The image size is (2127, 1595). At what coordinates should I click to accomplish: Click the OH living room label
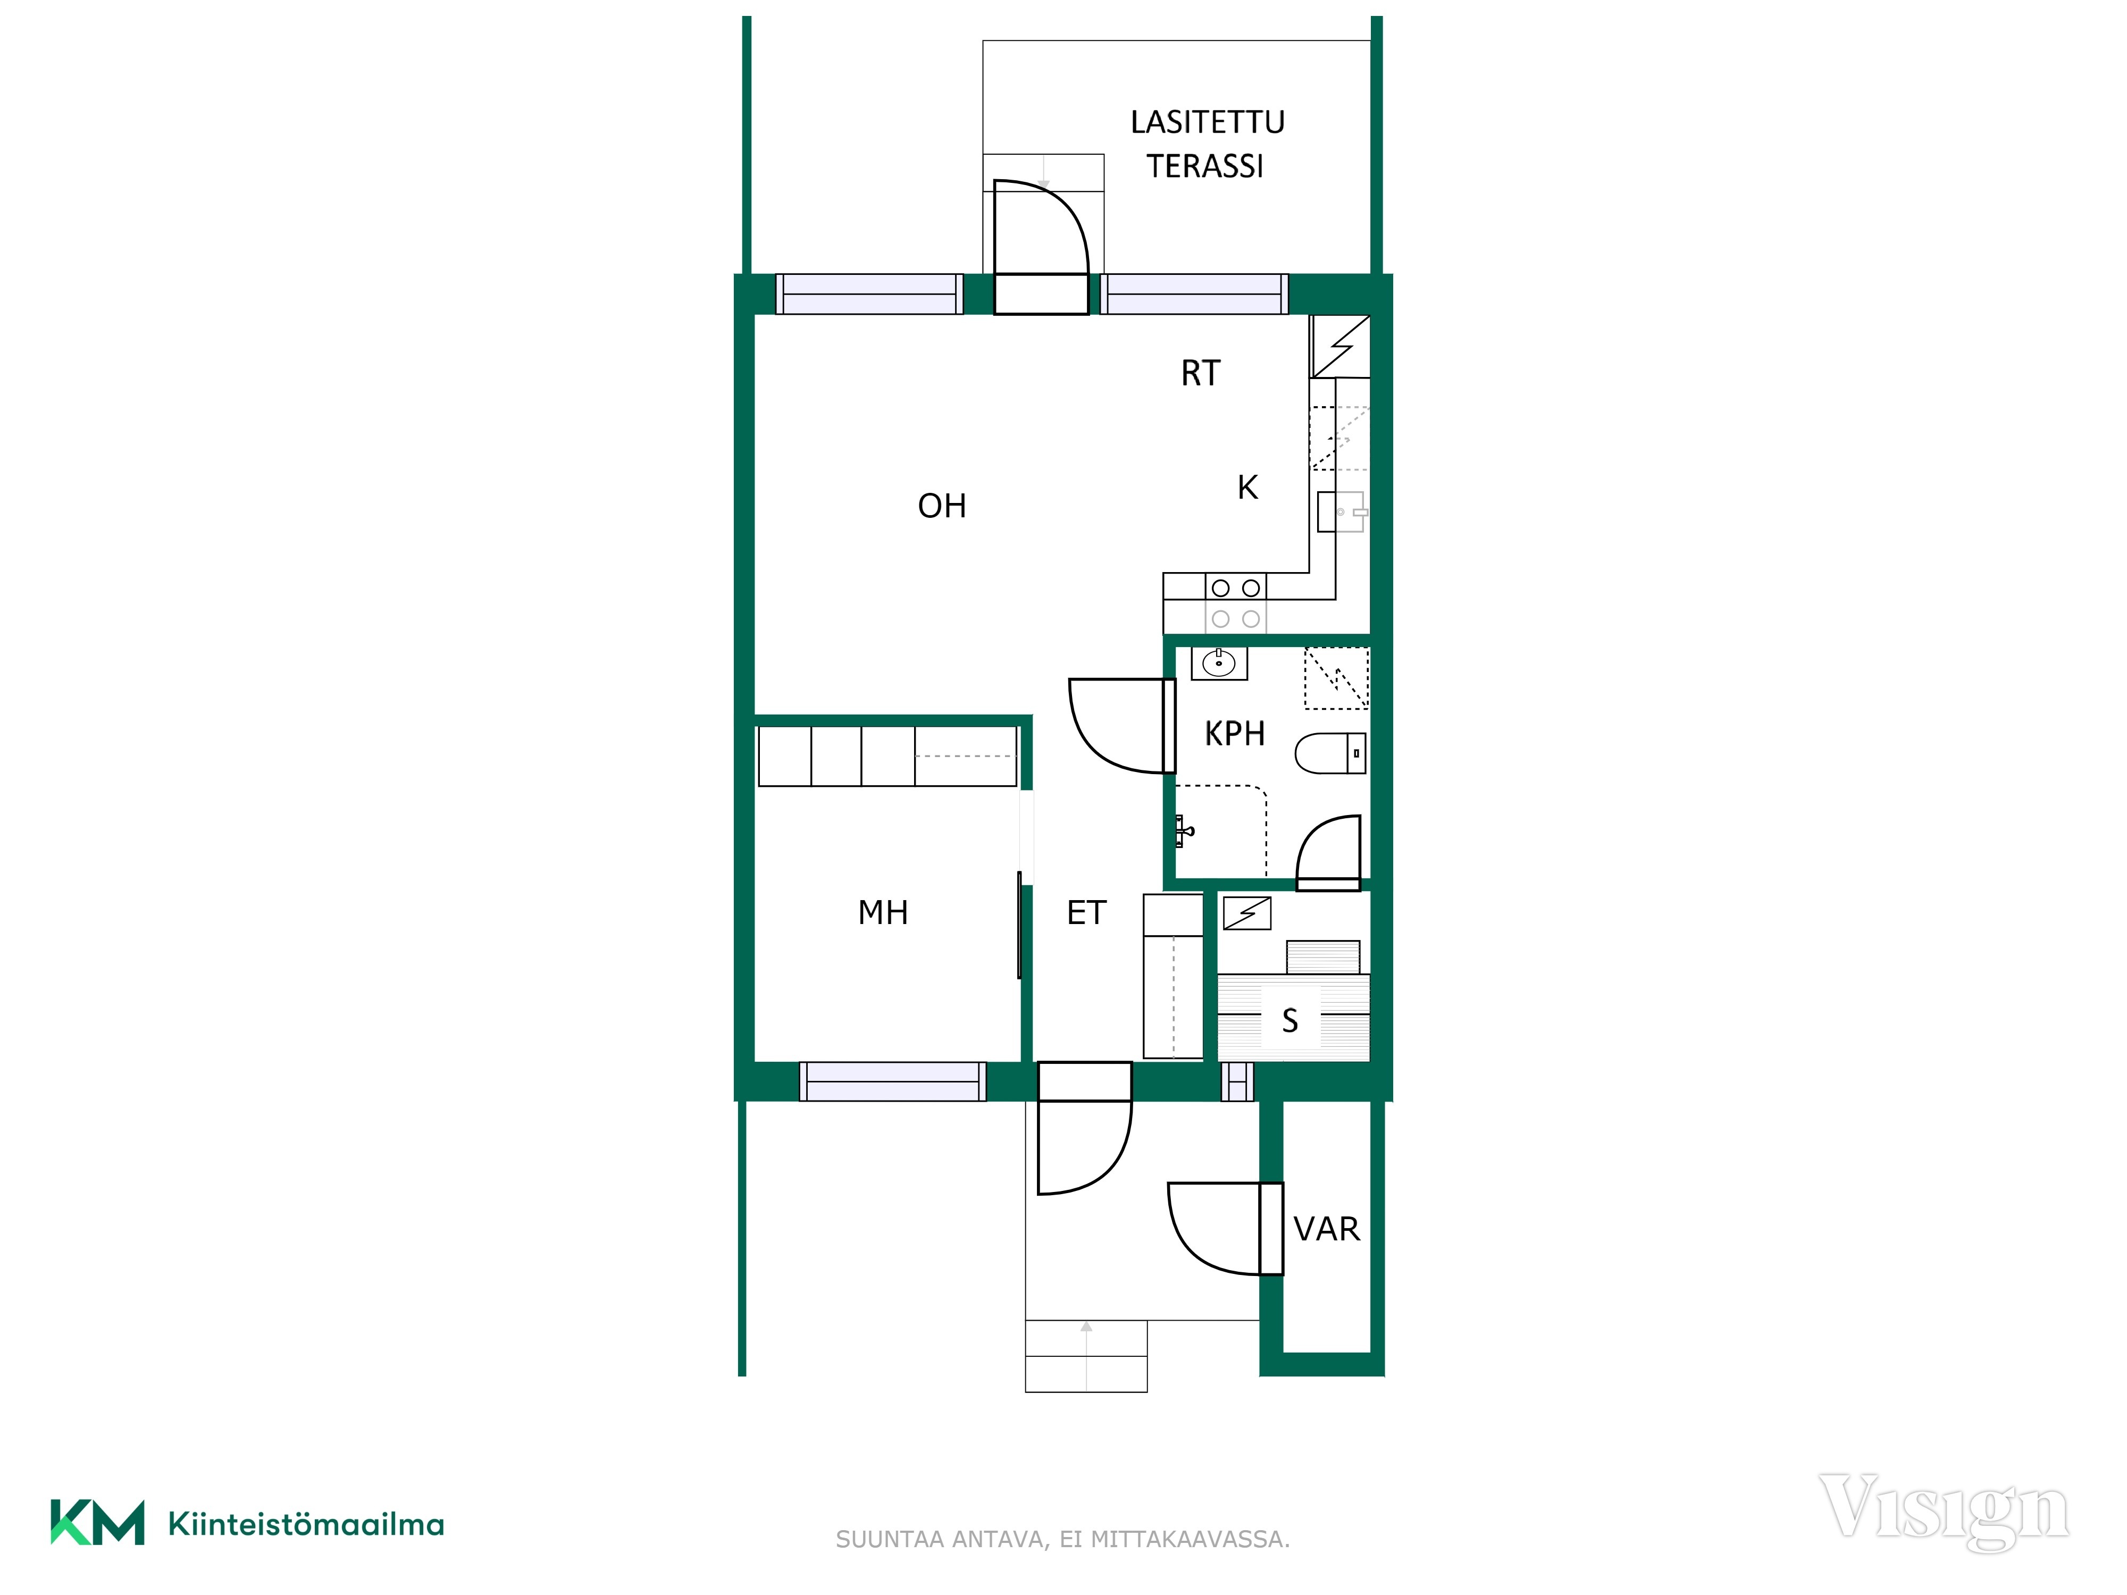tap(941, 506)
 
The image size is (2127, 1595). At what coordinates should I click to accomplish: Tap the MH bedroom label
tap(883, 912)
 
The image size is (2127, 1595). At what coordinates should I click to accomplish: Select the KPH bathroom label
tap(1235, 734)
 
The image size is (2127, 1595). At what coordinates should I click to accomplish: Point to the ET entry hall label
tap(1086, 912)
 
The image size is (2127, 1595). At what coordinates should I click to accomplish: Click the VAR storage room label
tap(1326, 1229)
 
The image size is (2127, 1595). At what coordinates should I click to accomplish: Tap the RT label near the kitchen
tap(1200, 373)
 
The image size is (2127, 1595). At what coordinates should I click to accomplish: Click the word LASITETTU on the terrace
tap(1208, 122)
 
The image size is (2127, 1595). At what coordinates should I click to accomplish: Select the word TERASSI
tap(1205, 166)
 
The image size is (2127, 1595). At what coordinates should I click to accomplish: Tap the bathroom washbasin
tap(1219, 664)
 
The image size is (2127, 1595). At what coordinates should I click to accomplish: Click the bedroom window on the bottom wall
tap(892, 1081)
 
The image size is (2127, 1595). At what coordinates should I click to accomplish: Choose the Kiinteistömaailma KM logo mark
tap(97, 1522)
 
